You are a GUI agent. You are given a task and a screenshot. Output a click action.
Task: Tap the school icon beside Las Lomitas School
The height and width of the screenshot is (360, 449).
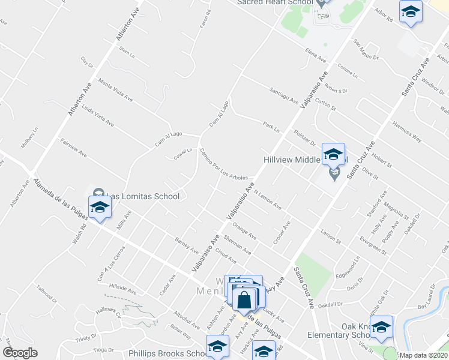100,208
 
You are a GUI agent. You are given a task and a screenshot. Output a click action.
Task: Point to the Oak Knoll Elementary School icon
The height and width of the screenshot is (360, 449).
381,328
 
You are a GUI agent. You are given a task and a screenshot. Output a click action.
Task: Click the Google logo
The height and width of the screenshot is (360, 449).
20,353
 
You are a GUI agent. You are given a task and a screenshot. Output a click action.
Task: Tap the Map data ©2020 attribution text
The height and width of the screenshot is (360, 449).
423,355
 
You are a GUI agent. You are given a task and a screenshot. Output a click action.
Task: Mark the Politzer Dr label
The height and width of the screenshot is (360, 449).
304,139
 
